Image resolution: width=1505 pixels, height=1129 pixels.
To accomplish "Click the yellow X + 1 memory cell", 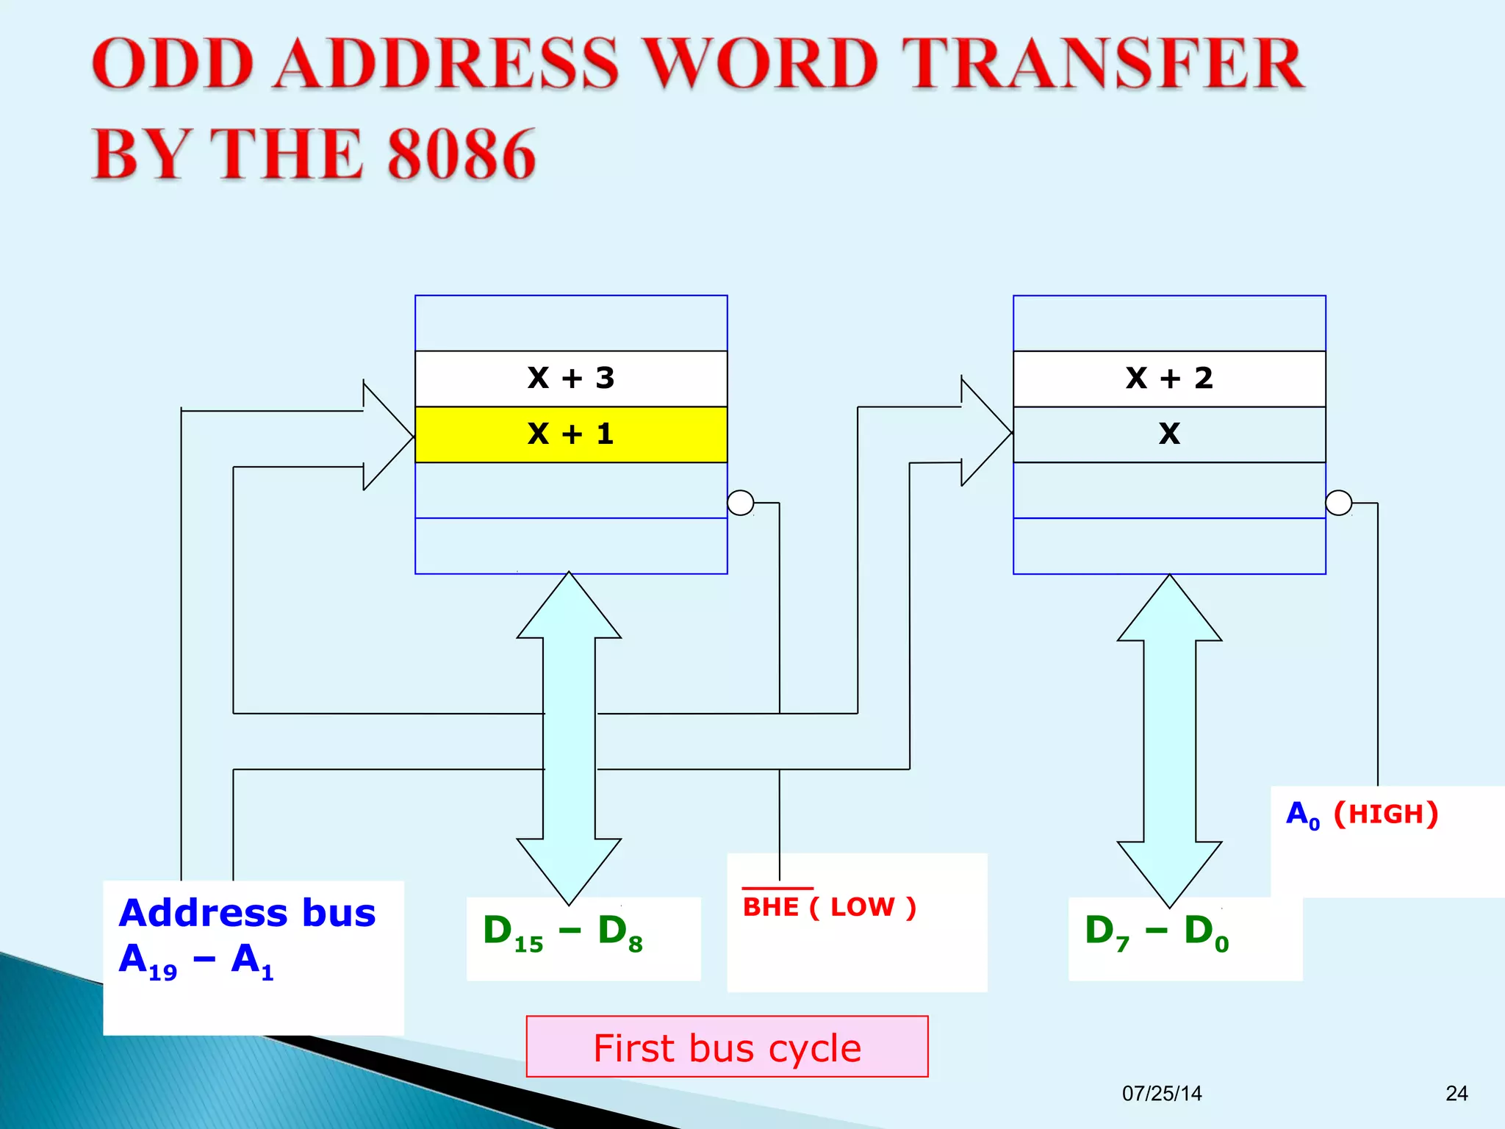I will click(x=571, y=434).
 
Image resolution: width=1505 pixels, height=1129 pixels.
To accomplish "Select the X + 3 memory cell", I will click(x=571, y=379).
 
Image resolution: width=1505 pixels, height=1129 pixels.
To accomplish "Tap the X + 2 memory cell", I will click(x=1169, y=379).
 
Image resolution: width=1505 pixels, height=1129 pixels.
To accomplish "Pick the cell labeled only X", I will click(x=1169, y=434).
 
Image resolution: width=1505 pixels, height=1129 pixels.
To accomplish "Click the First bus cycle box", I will click(x=727, y=1047).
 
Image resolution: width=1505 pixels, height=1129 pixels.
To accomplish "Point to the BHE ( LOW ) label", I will click(x=830, y=907).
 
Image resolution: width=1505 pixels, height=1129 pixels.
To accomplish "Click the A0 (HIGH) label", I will click(x=1362, y=814).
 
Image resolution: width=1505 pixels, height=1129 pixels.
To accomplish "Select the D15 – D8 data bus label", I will click(x=563, y=933).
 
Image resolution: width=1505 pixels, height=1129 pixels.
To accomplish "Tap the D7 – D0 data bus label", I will click(x=1157, y=933).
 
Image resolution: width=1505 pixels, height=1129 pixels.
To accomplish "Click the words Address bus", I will click(x=248, y=914).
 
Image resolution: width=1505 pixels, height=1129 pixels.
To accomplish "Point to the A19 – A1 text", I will click(x=196, y=961).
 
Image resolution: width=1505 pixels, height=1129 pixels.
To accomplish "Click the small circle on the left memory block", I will click(x=741, y=503).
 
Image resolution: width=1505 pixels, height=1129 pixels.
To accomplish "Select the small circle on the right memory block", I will click(x=1339, y=503).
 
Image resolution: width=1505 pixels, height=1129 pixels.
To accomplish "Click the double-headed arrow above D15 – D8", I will click(x=569, y=738).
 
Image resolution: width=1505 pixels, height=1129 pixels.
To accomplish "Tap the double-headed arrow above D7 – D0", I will click(x=1169, y=741).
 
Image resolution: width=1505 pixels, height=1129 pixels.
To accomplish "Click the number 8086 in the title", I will click(x=461, y=154).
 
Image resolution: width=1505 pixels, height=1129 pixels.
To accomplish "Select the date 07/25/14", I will click(x=1162, y=1094).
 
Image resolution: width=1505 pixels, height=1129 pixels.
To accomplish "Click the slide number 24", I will click(x=1456, y=1094).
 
